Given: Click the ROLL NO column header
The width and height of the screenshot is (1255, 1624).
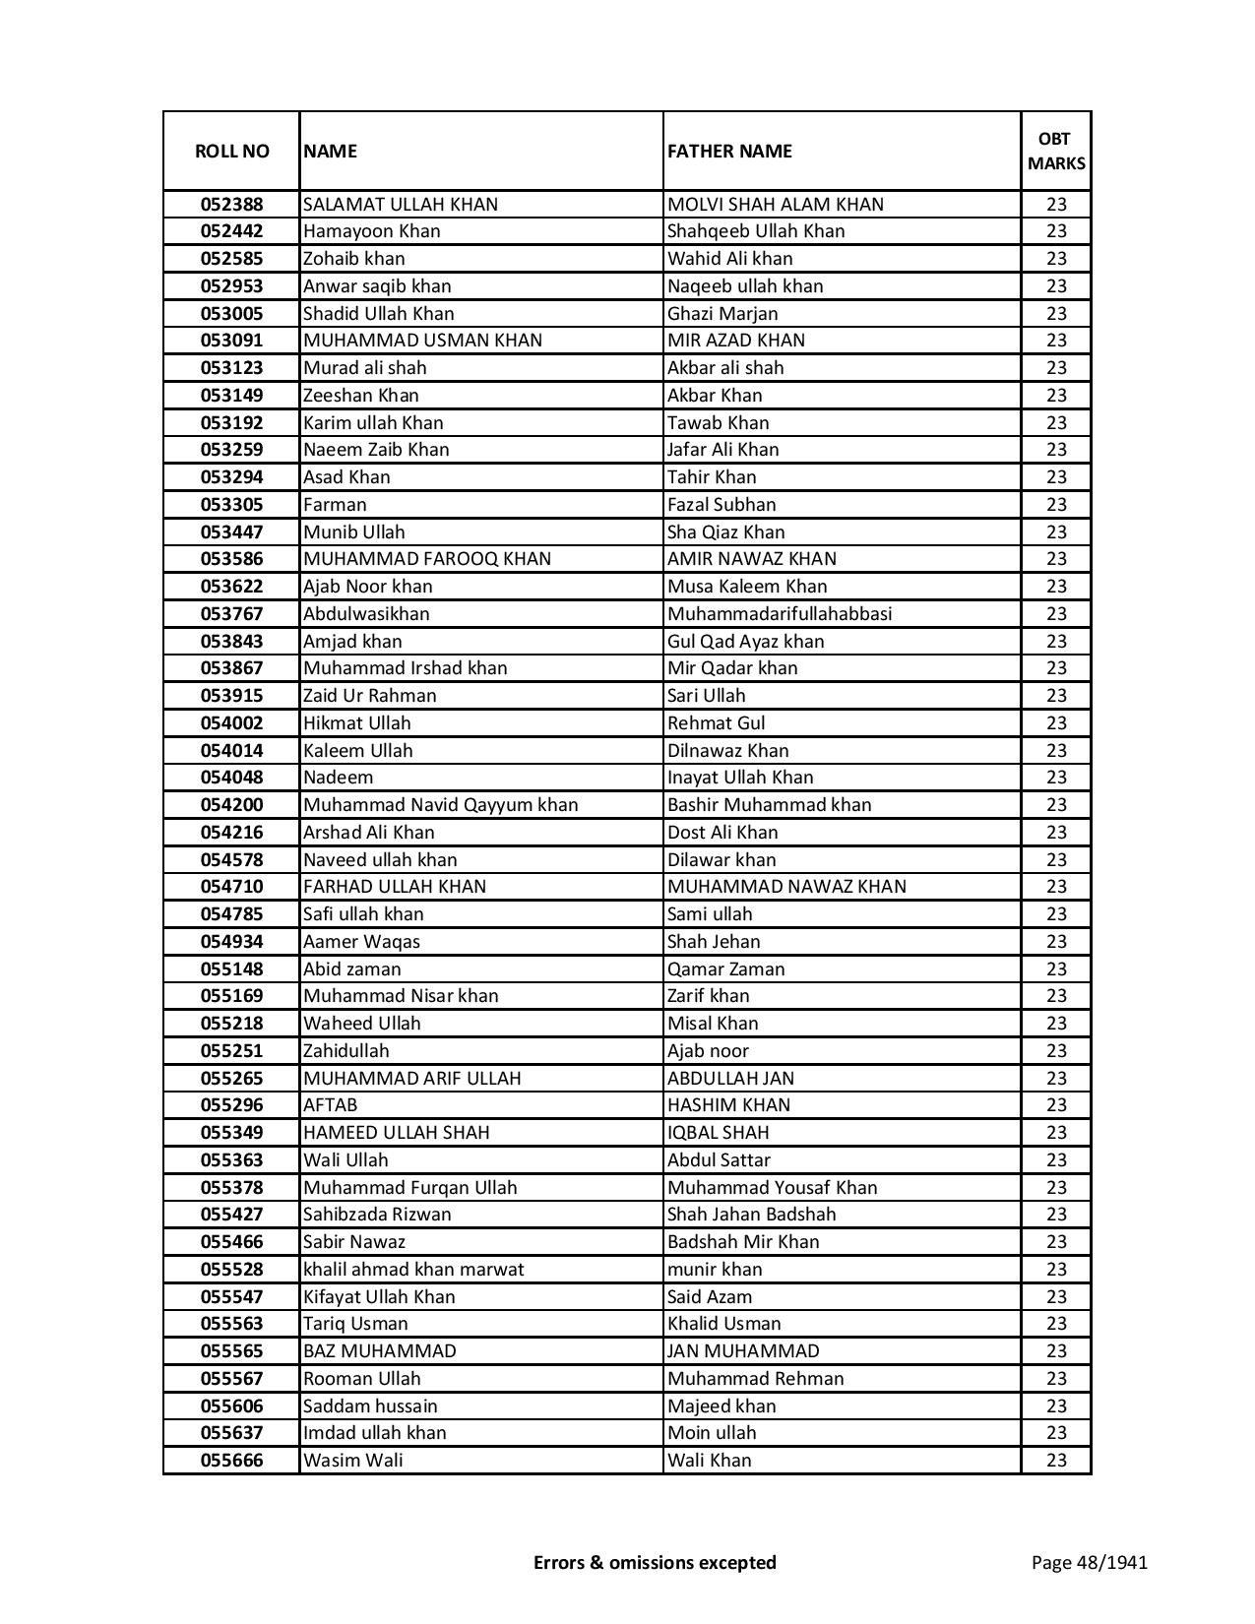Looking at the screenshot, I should [231, 151].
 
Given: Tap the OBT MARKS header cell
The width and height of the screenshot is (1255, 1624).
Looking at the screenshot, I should [1056, 151].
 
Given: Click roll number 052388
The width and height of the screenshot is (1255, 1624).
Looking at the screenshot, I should [231, 205].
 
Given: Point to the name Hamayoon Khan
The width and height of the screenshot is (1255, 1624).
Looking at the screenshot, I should [371, 231].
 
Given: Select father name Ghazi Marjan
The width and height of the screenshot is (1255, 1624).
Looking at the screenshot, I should [722, 313].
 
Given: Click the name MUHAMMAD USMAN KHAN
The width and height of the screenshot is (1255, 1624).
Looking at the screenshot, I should [422, 341].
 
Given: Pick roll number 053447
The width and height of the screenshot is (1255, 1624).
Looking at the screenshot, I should [231, 531].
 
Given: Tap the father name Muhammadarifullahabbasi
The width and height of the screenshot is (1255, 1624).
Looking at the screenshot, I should [780, 614].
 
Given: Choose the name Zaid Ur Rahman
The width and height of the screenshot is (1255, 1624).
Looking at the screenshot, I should [369, 696].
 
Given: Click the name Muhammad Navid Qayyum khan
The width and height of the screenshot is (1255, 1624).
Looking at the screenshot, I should [440, 805].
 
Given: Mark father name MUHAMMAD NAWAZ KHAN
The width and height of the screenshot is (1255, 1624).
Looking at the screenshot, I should [786, 887].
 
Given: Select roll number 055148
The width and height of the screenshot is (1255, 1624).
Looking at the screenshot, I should [231, 968].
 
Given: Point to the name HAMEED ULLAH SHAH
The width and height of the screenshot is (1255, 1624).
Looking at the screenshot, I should [396, 1133].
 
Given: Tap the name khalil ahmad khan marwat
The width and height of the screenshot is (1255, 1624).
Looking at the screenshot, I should [413, 1270].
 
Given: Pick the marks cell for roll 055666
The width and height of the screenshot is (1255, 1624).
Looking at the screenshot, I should [1056, 1461].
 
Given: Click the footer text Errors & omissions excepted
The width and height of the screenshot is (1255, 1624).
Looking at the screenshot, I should [655, 1562].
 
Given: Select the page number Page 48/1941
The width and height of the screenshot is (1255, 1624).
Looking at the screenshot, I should [1089, 1562].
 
